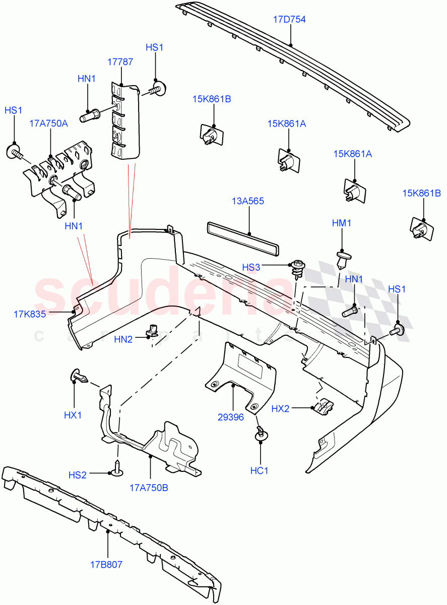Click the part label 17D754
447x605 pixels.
pyautogui.click(x=289, y=20)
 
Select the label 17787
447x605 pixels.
pyautogui.click(x=120, y=62)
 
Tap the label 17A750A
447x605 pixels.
pyautogui.click(x=48, y=124)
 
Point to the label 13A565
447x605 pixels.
pyautogui.click(x=248, y=201)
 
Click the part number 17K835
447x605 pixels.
pyautogui.click(x=30, y=314)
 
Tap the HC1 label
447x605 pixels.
pyautogui.click(x=260, y=470)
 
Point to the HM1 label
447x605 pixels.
pyautogui.click(x=342, y=223)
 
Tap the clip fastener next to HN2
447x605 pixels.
pyautogui.click(x=151, y=331)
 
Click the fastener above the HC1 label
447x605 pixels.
pyautogui.click(x=261, y=434)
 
